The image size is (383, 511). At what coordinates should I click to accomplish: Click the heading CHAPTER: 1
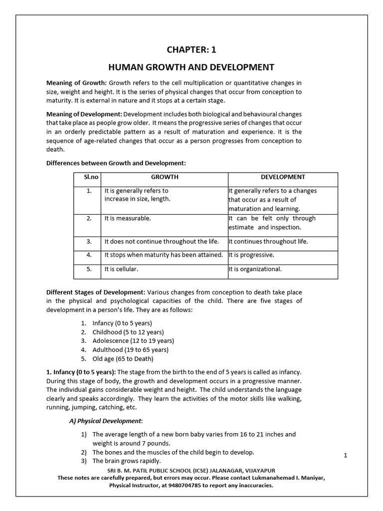[191, 49]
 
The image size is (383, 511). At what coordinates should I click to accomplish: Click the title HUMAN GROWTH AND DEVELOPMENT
[191, 67]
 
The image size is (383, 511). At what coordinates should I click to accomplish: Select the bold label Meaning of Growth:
[76, 83]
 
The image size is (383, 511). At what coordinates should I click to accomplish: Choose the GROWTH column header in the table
[165, 177]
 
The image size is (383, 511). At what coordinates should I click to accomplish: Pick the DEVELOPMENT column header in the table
[283, 177]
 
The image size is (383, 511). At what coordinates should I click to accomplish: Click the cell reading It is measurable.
[127, 219]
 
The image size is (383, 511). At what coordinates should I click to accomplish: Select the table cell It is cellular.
[121, 269]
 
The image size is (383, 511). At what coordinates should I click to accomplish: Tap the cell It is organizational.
[255, 269]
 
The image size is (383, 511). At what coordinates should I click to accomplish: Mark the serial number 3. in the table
[89, 242]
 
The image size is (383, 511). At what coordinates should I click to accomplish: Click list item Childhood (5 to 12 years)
[128, 332]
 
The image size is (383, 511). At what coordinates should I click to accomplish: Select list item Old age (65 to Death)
[123, 359]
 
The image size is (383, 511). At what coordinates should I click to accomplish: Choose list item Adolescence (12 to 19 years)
[133, 341]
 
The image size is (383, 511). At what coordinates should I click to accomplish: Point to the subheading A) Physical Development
[105, 421]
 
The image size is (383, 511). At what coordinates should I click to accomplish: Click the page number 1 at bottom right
[345, 455]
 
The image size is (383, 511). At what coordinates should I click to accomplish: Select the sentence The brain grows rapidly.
[127, 461]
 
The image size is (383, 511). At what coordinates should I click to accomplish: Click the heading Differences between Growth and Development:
[116, 163]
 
